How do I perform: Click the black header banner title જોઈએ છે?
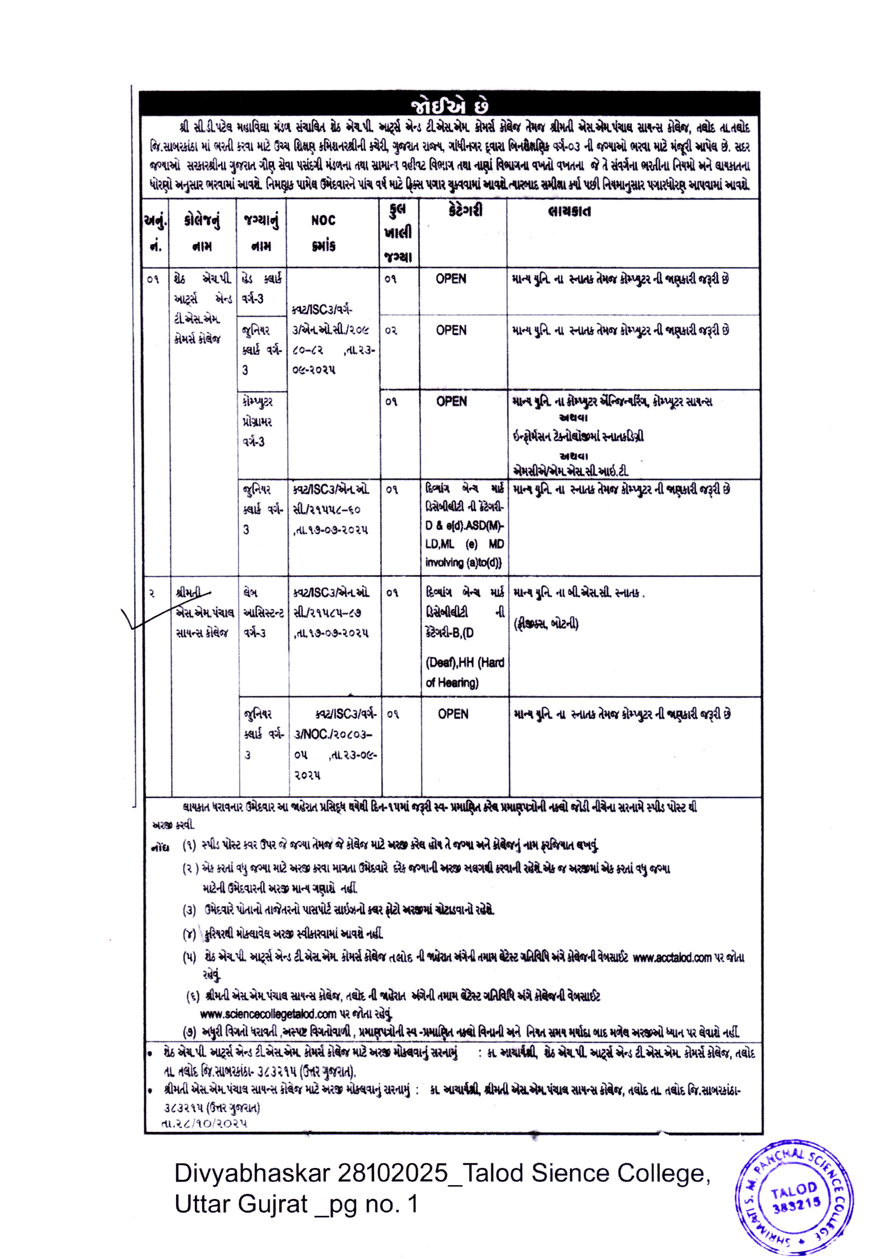[x=449, y=106]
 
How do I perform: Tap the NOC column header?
[x=323, y=220]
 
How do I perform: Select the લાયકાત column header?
[x=569, y=212]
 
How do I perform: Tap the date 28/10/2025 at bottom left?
[x=204, y=1122]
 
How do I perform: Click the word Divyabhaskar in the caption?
[x=252, y=1173]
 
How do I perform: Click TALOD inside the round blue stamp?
[x=794, y=1190]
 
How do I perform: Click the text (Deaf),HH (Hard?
[x=465, y=663]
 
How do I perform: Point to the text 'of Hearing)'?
[x=452, y=683]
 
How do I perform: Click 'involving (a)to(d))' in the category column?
[x=464, y=562]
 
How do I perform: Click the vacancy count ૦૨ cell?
[x=391, y=330]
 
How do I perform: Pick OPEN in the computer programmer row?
[x=451, y=402]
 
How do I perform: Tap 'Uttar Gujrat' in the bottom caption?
[x=241, y=1204]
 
